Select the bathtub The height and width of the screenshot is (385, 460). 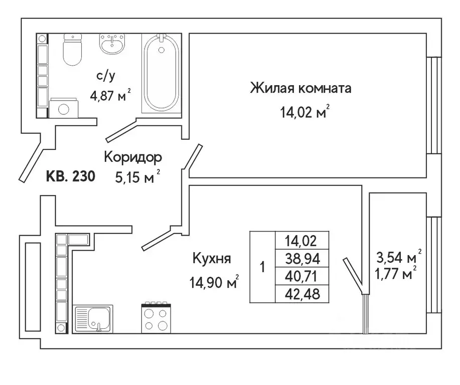tap(162, 74)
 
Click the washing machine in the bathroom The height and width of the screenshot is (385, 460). tap(64, 108)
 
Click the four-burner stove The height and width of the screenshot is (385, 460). tap(156, 317)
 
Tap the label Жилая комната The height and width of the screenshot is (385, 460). tap(300, 89)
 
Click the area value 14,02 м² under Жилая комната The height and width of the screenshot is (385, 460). tap(305, 111)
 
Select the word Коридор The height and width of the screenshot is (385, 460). tap(132, 157)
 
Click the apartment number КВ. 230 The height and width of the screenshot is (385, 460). tap(70, 176)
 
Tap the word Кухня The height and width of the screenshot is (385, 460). tap(211, 259)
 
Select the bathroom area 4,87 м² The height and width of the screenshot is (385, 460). tap(110, 95)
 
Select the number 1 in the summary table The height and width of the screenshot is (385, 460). tap(262, 267)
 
